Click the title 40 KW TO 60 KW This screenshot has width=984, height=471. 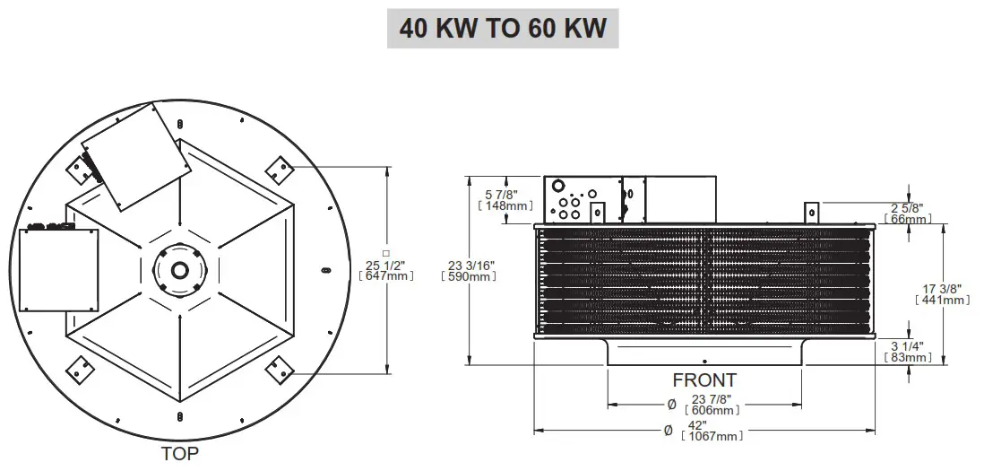503,28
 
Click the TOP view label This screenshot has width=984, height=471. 179,453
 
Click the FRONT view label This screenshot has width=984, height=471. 704,380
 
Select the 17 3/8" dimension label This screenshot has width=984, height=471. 943,288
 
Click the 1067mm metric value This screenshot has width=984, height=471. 712,436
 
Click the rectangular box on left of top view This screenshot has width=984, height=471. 59,269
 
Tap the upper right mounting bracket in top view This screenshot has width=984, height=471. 278,168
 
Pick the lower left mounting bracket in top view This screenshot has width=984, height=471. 79,367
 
